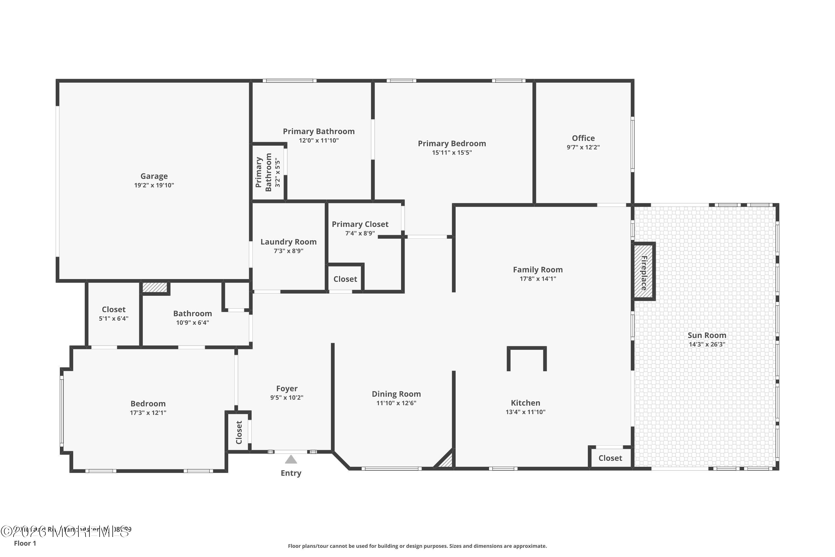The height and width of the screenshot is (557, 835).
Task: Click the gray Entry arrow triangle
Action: point(291,460)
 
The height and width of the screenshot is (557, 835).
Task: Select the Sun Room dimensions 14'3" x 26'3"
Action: point(707,344)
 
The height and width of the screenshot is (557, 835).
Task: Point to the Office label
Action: point(583,138)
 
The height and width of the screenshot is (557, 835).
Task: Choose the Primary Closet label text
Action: point(360,224)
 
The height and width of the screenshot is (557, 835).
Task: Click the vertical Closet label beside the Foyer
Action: point(239,432)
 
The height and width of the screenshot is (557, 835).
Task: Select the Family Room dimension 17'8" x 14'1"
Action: point(537,279)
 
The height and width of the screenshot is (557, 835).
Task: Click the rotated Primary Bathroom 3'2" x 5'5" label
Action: point(268,172)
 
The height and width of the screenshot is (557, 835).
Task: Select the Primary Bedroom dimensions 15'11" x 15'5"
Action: point(451,153)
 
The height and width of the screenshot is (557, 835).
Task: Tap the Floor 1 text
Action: point(25,543)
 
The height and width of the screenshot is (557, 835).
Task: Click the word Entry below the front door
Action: point(291,473)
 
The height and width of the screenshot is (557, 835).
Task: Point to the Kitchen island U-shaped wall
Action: point(527,348)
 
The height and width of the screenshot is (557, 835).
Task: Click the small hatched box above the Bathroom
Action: point(154,287)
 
